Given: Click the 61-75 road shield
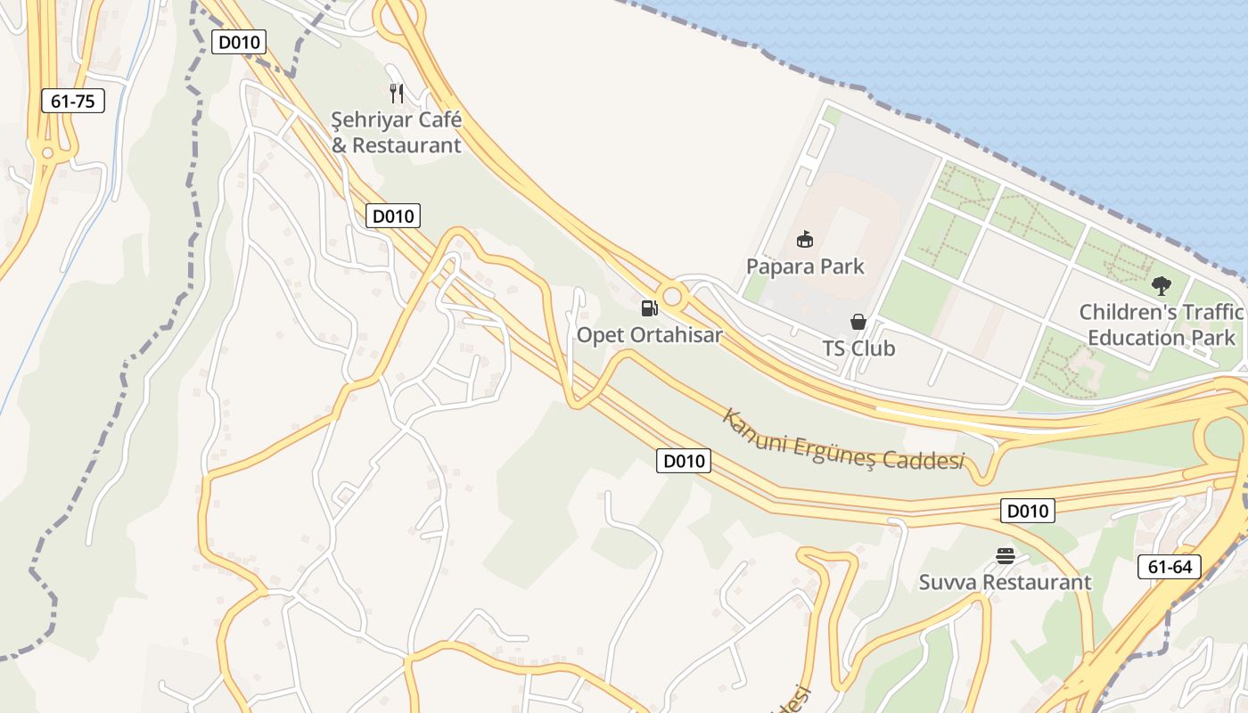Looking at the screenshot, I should pos(73,101).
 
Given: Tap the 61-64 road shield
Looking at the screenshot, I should pos(1170,567).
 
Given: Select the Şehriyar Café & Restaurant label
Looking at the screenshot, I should pos(397,132).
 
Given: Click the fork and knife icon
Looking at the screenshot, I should pos(397,92).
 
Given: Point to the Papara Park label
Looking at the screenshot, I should pos(805,266).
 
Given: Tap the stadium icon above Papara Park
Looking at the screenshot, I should pos(805,239).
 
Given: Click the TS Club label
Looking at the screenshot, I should pos(858,348).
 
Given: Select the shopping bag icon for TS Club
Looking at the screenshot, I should pos(858,322).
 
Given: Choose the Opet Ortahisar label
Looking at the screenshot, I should pos(649,335).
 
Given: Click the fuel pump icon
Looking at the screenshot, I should pos(649,308).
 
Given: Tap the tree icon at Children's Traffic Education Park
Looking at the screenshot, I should pos(1161,286).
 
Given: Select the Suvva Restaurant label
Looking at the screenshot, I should pos(1005,583).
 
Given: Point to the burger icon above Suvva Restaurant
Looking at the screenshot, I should pos(1006,556).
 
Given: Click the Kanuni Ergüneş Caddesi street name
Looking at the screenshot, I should pos(843,443).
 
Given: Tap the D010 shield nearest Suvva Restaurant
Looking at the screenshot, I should pos(1028,511).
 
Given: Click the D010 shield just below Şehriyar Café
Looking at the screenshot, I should pos(393,216).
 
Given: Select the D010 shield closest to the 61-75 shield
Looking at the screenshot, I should pos(239,42).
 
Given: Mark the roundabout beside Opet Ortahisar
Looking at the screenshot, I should pos(672,296).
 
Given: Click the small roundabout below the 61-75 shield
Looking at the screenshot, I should pos(47,153).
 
